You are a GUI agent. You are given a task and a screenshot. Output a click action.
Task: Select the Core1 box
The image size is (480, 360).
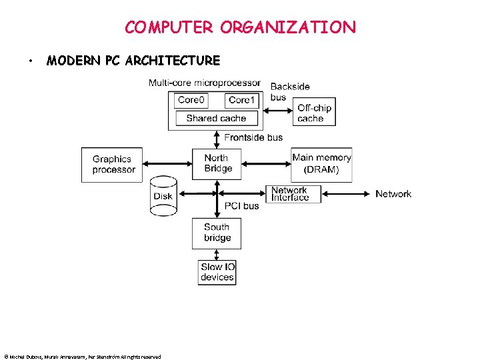[241, 100]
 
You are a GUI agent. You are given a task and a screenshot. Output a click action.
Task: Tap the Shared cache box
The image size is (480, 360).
[216, 118]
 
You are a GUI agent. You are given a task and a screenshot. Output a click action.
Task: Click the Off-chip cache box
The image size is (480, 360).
[314, 113]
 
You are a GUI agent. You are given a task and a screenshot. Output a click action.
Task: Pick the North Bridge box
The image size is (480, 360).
[217, 163]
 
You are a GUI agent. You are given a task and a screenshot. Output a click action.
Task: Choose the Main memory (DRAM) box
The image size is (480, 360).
[321, 163]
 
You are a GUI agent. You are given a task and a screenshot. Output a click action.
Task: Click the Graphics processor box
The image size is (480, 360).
[113, 165]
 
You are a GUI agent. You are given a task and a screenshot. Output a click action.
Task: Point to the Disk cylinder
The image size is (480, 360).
[163, 195]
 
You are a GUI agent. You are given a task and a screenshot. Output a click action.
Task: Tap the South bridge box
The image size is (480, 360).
[217, 233]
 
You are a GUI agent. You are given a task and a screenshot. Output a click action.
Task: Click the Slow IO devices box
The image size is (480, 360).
[217, 272]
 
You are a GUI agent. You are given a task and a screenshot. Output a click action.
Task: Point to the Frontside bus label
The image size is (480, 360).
[253, 137]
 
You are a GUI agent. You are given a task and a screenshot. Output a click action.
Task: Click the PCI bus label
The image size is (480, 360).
[241, 206]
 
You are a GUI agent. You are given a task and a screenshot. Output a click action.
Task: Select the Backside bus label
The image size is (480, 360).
[289, 92]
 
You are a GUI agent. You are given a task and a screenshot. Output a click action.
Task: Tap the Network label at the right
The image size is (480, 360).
[393, 194]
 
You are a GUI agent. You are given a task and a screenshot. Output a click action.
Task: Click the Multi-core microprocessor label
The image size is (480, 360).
[205, 83]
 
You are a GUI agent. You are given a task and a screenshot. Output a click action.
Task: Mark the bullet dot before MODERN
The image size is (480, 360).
[31, 61]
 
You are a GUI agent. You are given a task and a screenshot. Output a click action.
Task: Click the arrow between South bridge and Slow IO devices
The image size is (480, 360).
[217, 255]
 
